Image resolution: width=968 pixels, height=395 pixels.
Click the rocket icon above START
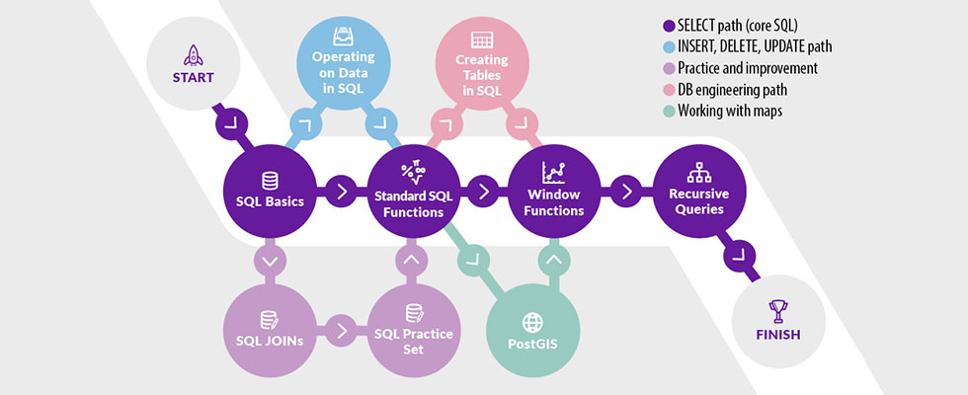[x=193, y=54]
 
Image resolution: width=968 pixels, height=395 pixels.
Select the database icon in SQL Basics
[x=270, y=181]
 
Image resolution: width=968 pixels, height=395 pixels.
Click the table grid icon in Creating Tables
[x=482, y=40]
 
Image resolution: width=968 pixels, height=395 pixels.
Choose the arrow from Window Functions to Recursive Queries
[x=626, y=191]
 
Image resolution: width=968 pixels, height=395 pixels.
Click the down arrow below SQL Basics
[x=270, y=261]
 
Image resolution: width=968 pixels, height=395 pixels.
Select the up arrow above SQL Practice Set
[x=412, y=261]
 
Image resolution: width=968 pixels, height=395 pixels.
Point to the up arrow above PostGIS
[x=553, y=261]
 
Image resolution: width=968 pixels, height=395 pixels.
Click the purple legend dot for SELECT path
[x=669, y=24]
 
